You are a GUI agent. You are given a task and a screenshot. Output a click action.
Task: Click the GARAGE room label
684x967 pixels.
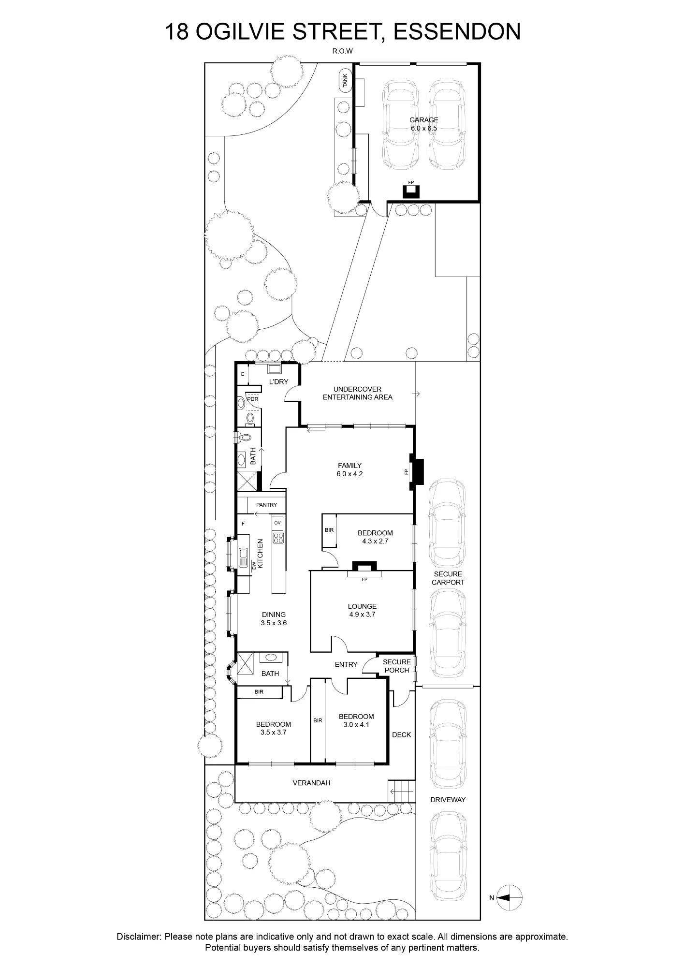pyautogui.click(x=423, y=120)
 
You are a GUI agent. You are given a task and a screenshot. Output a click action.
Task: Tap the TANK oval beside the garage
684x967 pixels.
pyautogui.click(x=345, y=80)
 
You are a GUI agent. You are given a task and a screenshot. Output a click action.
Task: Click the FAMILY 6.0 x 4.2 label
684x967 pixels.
pyautogui.click(x=349, y=470)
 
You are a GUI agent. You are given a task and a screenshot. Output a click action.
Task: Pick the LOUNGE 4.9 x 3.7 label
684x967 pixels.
pyautogui.click(x=362, y=610)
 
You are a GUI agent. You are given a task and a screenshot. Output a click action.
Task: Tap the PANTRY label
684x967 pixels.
pyautogui.click(x=266, y=505)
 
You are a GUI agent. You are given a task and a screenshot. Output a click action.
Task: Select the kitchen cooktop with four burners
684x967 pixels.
pyautogui.click(x=278, y=537)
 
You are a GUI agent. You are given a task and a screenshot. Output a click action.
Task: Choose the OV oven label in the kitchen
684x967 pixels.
pyautogui.click(x=277, y=523)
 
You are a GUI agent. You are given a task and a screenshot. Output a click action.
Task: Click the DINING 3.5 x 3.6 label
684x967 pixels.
pyautogui.click(x=274, y=619)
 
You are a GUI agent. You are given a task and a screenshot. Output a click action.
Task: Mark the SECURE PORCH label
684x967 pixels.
pyautogui.click(x=396, y=666)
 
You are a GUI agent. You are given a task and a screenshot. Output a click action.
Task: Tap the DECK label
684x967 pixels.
pyautogui.click(x=401, y=734)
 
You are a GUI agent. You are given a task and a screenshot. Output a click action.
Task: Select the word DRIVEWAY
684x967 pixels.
pyautogui.click(x=448, y=800)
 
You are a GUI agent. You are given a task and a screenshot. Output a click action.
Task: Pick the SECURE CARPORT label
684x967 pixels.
pyautogui.click(x=448, y=578)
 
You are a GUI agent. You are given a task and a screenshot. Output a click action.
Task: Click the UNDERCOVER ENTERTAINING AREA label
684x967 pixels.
pyautogui.click(x=357, y=393)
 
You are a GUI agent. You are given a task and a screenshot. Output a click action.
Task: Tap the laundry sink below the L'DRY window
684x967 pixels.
pyautogui.click(x=275, y=369)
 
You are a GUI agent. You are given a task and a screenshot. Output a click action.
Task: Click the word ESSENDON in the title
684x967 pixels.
pyautogui.click(x=458, y=32)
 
